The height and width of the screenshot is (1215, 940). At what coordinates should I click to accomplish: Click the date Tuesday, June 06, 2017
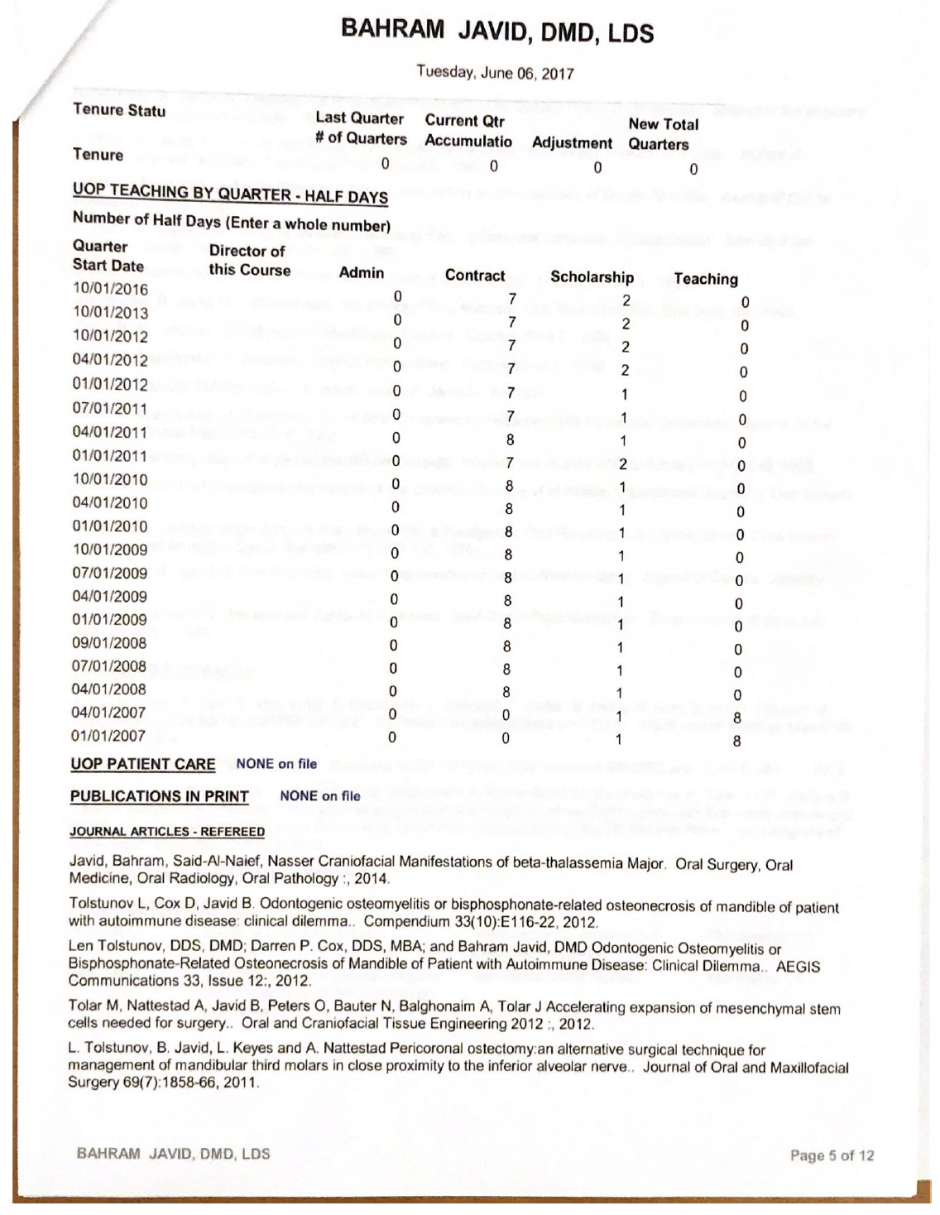point(495,72)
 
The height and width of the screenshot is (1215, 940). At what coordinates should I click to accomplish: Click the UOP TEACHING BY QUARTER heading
point(230,193)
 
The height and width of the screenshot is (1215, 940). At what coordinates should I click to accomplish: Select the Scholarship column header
point(592,277)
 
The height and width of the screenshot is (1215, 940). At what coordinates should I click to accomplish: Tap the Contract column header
point(474,276)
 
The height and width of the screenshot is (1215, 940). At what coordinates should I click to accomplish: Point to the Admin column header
point(362,273)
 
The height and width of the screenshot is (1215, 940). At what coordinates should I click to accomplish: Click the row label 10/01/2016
point(110,289)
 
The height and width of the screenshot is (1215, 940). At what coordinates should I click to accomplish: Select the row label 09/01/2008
point(108,643)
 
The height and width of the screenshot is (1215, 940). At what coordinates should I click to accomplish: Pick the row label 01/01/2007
point(108,736)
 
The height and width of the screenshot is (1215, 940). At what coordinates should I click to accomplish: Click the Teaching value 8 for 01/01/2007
point(737,742)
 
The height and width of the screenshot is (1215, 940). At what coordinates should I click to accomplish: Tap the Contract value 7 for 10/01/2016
point(512,299)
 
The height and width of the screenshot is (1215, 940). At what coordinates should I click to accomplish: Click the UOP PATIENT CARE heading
point(142,764)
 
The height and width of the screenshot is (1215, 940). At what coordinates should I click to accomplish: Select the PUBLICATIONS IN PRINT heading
point(159,796)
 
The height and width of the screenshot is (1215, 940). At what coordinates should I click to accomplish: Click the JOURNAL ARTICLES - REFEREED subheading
point(167,832)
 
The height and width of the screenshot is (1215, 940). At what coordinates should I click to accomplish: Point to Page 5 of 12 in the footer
point(832,1155)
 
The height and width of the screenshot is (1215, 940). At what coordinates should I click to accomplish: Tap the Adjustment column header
point(572,143)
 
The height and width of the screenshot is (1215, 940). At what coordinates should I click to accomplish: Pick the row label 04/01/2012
point(110,360)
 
